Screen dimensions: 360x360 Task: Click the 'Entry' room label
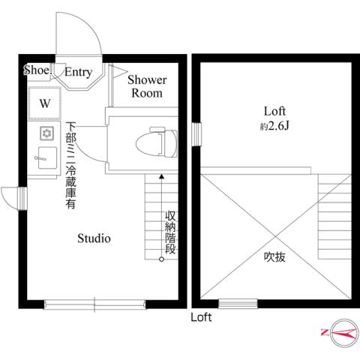[78, 73]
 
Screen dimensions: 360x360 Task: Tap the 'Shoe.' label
[37, 70]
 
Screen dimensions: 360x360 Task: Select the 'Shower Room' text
[147, 86]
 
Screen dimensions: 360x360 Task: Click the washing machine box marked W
[43, 104]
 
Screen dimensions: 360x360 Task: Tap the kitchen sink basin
[45, 158]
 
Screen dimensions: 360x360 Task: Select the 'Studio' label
[94, 239]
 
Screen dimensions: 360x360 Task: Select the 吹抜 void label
[274, 256]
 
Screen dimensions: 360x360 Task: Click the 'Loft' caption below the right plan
[201, 317]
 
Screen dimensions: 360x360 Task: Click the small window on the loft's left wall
[196, 136]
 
